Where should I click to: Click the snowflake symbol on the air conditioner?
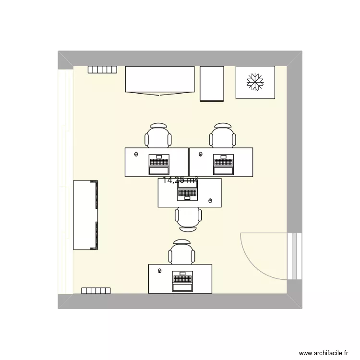[255, 82]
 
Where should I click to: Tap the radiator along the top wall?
[102, 70]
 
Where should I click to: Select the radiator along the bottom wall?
[96, 290]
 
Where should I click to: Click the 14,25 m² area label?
[180, 180]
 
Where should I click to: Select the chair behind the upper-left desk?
[158, 136]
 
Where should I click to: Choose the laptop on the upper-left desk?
[159, 164]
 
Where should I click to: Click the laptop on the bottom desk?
[182, 281]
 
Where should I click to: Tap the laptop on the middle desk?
[188, 191]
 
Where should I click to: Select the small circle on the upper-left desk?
[136, 154]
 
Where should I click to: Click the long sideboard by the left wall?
[85, 215]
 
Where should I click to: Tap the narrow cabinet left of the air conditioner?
[212, 84]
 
